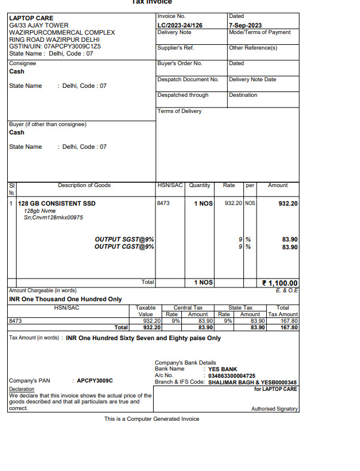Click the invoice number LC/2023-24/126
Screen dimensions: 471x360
pos(180,26)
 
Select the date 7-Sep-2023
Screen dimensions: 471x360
pos(246,26)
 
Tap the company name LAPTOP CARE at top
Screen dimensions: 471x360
pos(31,19)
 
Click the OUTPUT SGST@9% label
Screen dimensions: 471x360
pos(124,240)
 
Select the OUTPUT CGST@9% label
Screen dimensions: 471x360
pos(124,247)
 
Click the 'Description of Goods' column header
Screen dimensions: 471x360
pos(84,185)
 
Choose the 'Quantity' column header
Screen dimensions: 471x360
pos(200,185)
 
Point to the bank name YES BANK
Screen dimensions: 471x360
pos(222,369)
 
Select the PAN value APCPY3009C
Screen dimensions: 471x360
pos(95,381)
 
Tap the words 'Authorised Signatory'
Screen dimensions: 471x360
pos(274,409)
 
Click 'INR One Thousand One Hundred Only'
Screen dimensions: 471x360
pos(65,299)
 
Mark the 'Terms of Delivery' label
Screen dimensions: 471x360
pos(179,111)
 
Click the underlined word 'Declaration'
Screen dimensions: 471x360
pos(22,389)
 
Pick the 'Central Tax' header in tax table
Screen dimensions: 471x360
pos(188,308)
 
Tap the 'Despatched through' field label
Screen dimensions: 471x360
pos(183,95)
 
